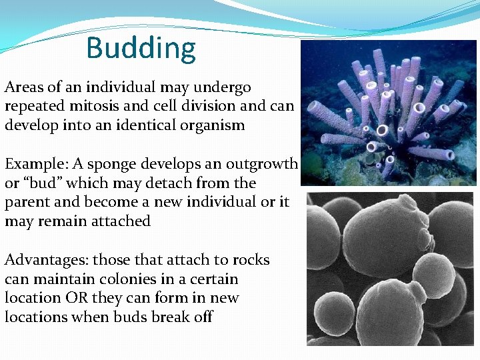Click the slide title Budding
coord(141,48)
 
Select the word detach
coord(163,183)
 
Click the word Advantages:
coord(46,260)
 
